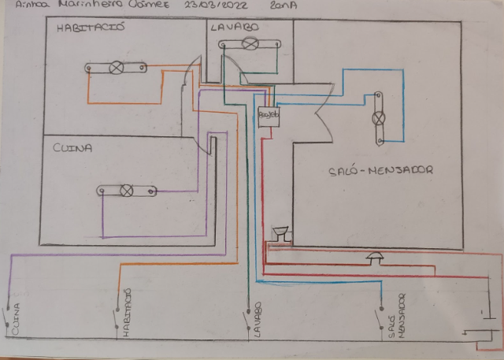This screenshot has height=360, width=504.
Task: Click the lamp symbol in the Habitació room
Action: pyautogui.click(x=117, y=69)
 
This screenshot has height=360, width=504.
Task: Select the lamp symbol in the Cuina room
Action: pyautogui.click(x=125, y=190)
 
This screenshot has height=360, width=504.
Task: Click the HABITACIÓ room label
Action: pyautogui.click(x=92, y=29)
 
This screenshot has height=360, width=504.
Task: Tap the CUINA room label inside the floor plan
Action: pyautogui.click(x=72, y=147)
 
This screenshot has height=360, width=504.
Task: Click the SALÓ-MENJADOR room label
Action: pyautogui.click(x=380, y=169)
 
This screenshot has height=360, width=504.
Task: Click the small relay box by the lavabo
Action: pyautogui.click(x=269, y=115)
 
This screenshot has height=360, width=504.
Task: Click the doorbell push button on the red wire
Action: pyautogui.click(x=376, y=257)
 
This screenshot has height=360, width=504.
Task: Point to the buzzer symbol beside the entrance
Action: pyautogui.click(x=279, y=233)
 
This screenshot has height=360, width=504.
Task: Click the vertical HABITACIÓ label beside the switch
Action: pyautogui.click(x=127, y=314)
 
